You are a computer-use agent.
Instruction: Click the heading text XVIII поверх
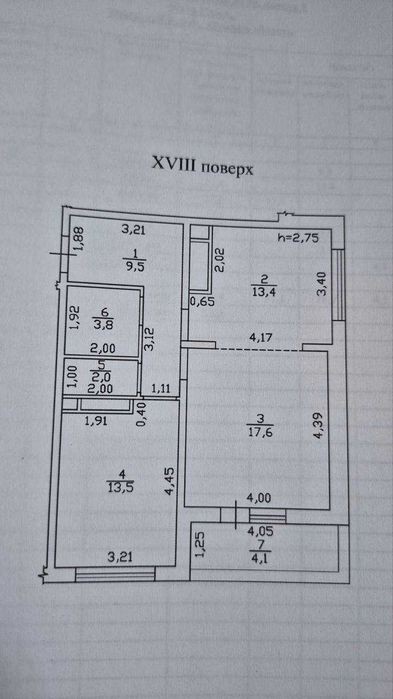(202, 167)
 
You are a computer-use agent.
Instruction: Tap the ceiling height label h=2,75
(298, 238)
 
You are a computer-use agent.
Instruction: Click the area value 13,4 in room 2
(264, 292)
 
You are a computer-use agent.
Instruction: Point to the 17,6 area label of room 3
(259, 432)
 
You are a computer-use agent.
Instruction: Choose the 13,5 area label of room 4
(119, 485)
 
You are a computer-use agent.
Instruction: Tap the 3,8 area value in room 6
(103, 324)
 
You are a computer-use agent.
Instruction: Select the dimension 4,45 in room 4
(169, 481)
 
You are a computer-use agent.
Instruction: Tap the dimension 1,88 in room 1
(79, 239)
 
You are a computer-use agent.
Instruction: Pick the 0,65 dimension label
(203, 301)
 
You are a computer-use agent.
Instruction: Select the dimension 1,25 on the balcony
(201, 545)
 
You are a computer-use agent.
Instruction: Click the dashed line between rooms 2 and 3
(259, 350)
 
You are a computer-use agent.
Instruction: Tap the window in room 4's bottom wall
(115, 574)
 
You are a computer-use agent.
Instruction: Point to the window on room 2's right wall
(339, 284)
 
